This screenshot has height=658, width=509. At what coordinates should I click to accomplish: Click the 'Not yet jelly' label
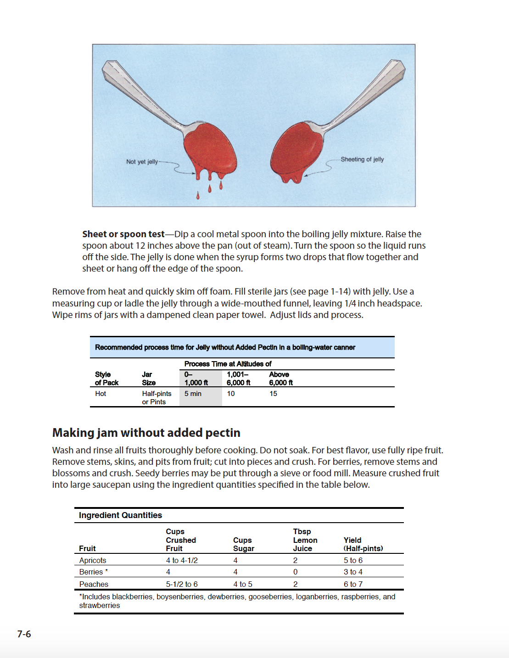(x=142, y=162)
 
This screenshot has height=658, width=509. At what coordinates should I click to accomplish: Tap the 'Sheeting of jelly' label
(x=362, y=159)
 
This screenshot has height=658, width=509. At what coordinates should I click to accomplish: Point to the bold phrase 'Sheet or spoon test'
(x=123, y=234)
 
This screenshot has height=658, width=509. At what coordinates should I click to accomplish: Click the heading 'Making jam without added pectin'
(x=146, y=433)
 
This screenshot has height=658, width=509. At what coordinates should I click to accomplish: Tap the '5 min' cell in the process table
(x=193, y=394)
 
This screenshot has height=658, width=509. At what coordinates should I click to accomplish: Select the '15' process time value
(x=273, y=394)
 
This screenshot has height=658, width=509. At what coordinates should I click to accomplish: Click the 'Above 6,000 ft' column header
(x=280, y=379)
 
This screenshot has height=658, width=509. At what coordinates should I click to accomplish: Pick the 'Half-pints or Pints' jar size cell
(x=156, y=397)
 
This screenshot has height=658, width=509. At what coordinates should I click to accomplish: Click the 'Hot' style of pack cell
(x=101, y=394)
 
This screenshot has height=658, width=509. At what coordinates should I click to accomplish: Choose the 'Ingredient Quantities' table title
(x=120, y=515)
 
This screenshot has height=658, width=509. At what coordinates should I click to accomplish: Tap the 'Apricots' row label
(x=92, y=560)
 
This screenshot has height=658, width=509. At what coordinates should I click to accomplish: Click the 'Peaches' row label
(x=94, y=584)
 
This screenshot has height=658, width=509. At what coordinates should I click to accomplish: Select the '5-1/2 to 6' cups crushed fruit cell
(x=182, y=584)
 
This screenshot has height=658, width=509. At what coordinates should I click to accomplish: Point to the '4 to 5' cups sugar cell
(x=242, y=584)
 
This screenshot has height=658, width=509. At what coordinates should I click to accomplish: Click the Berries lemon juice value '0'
(x=295, y=572)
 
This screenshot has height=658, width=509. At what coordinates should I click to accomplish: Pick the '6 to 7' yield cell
(x=353, y=584)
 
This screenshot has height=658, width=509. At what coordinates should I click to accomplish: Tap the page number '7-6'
(x=24, y=634)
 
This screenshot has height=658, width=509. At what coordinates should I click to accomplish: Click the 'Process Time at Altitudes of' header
(x=228, y=364)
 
